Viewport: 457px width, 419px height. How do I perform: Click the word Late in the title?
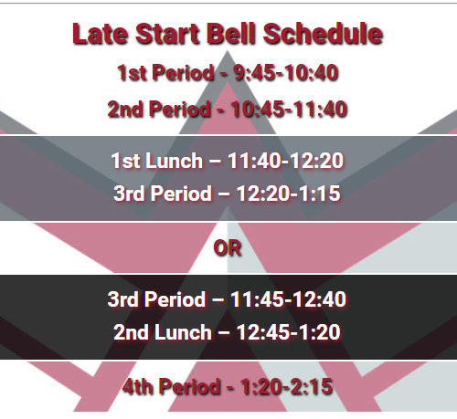pos(100,34)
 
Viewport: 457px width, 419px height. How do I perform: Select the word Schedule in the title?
pos(323,34)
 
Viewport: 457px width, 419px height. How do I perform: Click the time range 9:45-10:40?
pos(286,73)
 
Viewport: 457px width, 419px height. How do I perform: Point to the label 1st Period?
pos(165,73)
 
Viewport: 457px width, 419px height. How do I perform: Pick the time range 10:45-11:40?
pos(289,109)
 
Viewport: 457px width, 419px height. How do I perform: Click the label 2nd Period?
pos(159,109)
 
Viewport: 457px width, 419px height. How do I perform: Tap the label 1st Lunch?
pos(157,161)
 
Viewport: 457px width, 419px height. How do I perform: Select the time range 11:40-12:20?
pos(286,161)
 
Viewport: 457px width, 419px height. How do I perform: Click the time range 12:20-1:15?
pos(288,194)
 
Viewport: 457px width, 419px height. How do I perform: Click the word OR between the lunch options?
pos(228,248)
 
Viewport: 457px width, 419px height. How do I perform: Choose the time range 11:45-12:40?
pos(288,299)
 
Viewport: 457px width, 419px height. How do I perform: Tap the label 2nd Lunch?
pos(163,332)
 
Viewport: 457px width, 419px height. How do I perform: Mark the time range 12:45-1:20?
pos(288,332)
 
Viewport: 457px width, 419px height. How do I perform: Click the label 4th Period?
pos(172,387)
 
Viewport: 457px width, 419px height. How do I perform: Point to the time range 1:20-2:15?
pos(286,387)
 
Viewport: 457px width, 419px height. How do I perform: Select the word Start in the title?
pos(167,34)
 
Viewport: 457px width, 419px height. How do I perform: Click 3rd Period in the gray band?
pos(163,194)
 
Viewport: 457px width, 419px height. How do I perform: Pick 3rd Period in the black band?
pos(156,299)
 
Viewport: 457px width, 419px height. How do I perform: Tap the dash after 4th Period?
pos(230,388)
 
